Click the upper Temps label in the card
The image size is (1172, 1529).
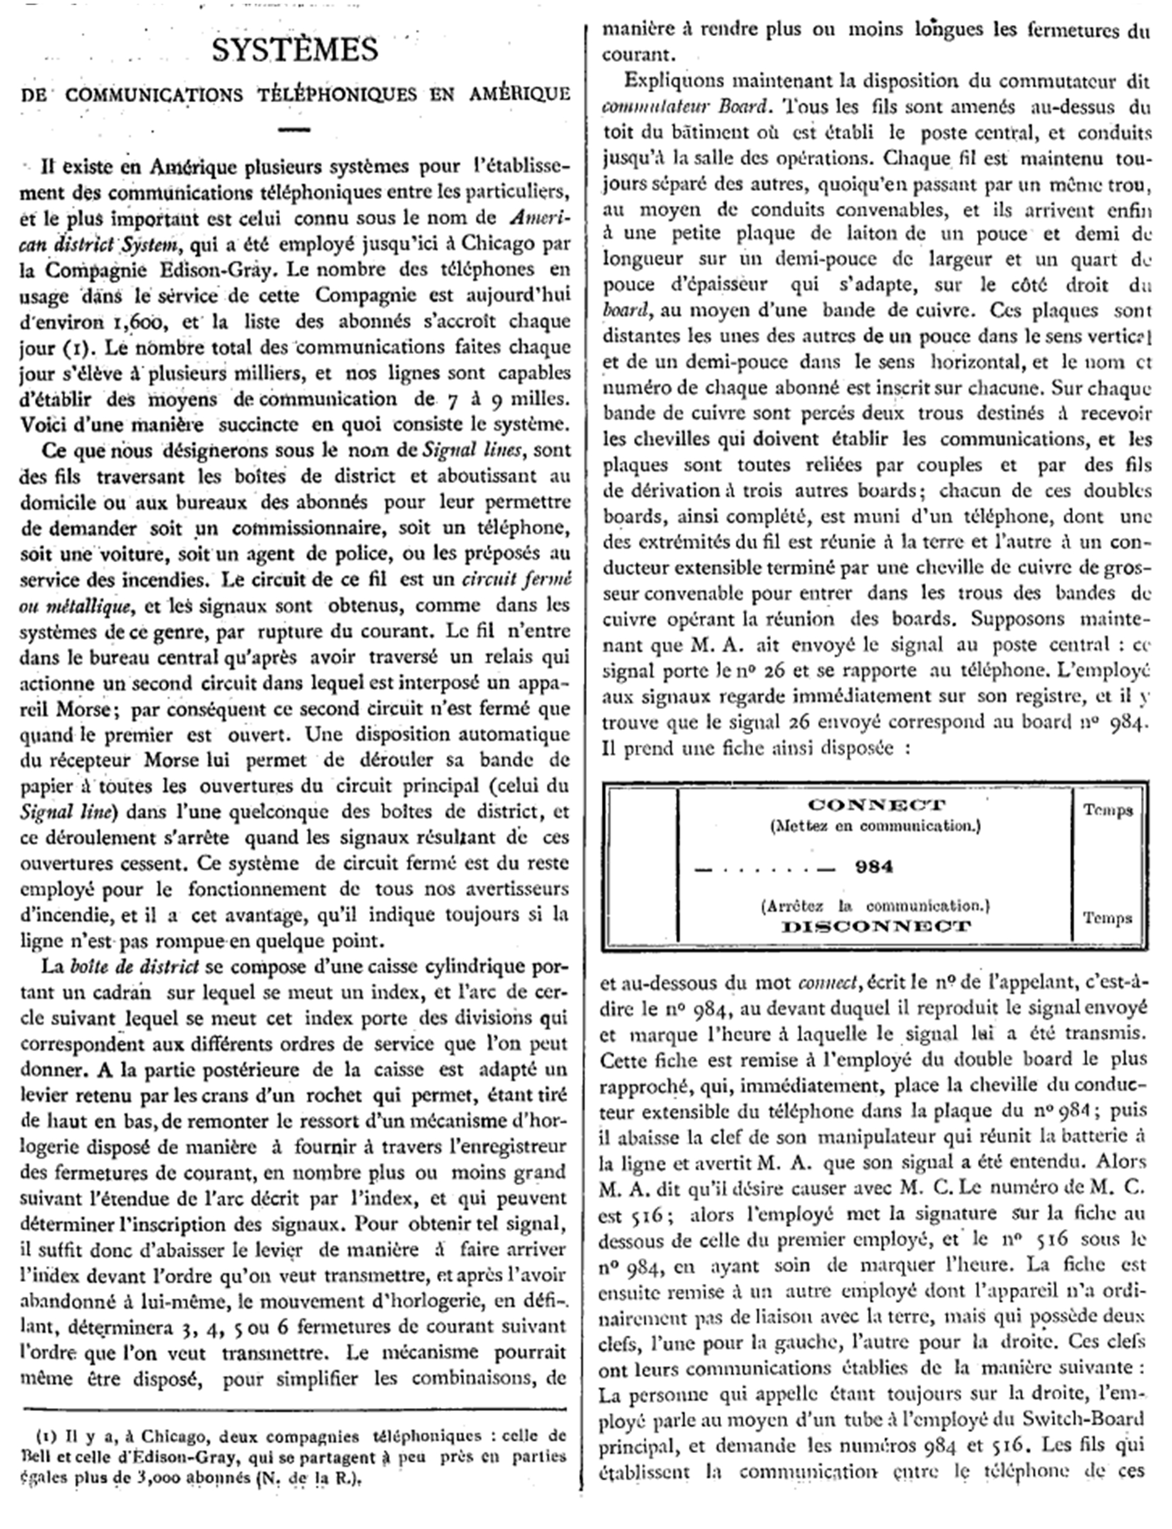pyautogui.click(x=1107, y=810)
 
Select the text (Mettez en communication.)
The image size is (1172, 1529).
pyautogui.click(x=875, y=826)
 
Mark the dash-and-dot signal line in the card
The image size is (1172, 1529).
pyautogui.click(x=765, y=869)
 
